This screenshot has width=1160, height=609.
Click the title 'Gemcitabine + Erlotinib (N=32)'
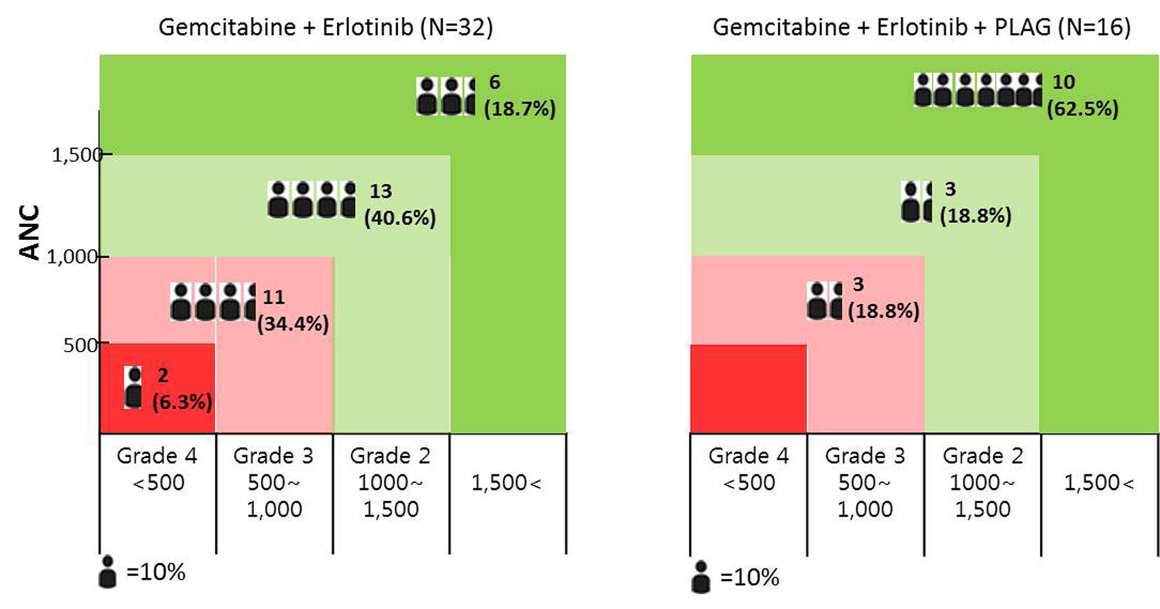coord(325,27)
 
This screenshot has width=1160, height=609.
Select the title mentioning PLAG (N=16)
coord(921,27)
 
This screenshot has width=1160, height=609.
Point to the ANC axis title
coord(29,232)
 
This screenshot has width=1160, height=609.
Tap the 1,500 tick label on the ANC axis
coord(76,154)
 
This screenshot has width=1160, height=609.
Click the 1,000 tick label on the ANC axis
coord(72,257)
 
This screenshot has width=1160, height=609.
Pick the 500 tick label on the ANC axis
coord(80,345)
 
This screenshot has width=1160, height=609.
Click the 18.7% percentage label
coord(520,109)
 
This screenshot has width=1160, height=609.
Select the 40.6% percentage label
coord(400,217)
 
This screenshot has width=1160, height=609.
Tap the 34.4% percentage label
coord(292,323)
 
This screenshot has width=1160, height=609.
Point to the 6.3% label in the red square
coord(182,401)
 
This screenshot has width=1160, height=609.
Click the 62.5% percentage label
coord(1082,109)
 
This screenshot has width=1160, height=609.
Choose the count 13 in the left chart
coord(380,191)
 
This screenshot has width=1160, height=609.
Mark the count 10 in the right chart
coord(1063,82)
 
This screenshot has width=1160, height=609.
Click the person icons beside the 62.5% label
coord(978,90)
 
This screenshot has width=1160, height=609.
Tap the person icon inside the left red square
coord(133,387)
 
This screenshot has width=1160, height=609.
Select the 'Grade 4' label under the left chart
coord(157,456)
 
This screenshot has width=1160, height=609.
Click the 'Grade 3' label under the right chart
coord(865,456)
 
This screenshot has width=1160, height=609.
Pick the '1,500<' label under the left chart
coord(506,483)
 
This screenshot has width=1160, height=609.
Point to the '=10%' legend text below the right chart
coord(750,577)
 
